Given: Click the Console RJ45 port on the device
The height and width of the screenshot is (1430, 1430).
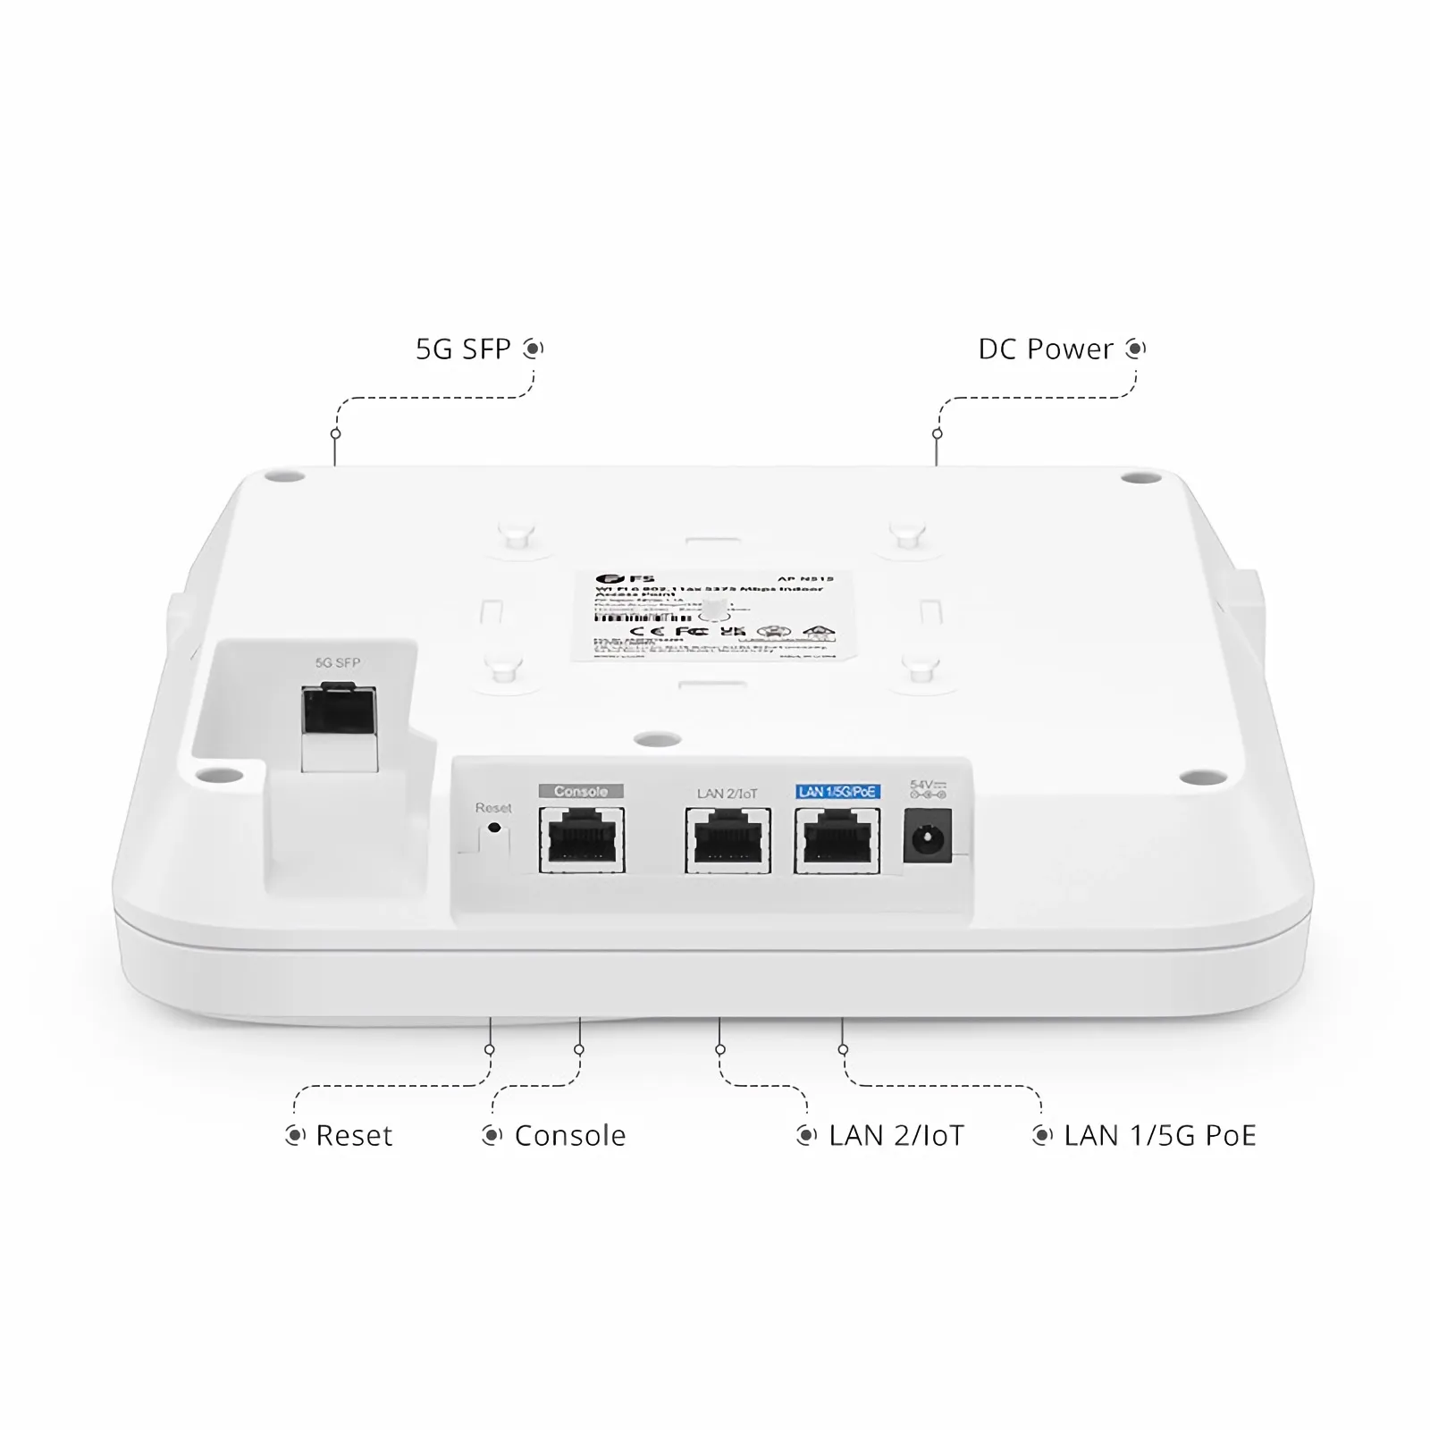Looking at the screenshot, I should (582, 840).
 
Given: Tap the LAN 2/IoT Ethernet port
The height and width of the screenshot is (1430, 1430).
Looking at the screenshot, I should (728, 840).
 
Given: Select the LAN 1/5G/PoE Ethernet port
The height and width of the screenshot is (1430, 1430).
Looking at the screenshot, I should (837, 840).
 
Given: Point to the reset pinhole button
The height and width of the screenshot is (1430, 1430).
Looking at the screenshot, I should (494, 829).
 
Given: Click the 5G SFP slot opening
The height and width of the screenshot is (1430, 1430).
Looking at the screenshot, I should (339, 712).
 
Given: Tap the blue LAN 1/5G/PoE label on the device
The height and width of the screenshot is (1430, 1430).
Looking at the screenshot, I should (837, 792).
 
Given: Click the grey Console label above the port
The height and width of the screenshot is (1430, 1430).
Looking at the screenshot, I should (581, 791).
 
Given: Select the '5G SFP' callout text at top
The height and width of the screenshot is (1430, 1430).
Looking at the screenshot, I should (463, 349).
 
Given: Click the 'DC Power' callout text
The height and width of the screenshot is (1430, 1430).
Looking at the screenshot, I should (1046, 349).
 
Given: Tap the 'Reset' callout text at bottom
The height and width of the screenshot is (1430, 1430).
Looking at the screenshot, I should (354, 1136).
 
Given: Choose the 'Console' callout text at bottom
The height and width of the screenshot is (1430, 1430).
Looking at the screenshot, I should (570, 1136).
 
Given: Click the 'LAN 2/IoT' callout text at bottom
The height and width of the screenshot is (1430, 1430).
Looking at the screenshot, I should (896, 1136).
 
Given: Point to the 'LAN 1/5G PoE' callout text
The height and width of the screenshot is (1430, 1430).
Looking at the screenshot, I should (1160, 1136).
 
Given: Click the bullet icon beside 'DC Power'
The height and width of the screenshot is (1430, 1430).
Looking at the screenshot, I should (1136, 348).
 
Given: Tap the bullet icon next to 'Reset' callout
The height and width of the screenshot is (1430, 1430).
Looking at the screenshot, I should (295, 1136).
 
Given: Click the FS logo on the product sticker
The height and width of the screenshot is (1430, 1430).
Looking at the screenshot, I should (618, 579).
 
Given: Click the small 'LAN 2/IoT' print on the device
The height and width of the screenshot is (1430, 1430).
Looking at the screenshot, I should (727, 793).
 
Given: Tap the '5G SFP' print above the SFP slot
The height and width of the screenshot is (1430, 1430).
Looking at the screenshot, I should (338, 663).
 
